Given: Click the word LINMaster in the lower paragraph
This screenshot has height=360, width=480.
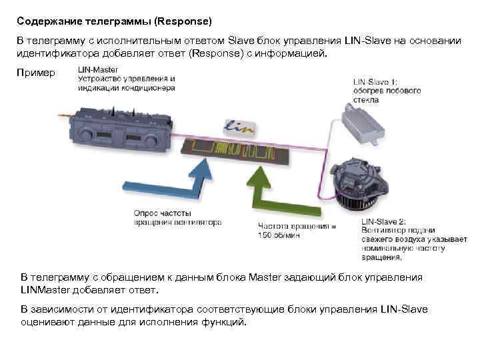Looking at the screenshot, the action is point(45,290).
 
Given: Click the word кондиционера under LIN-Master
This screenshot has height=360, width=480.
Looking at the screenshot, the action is point(151,87).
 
